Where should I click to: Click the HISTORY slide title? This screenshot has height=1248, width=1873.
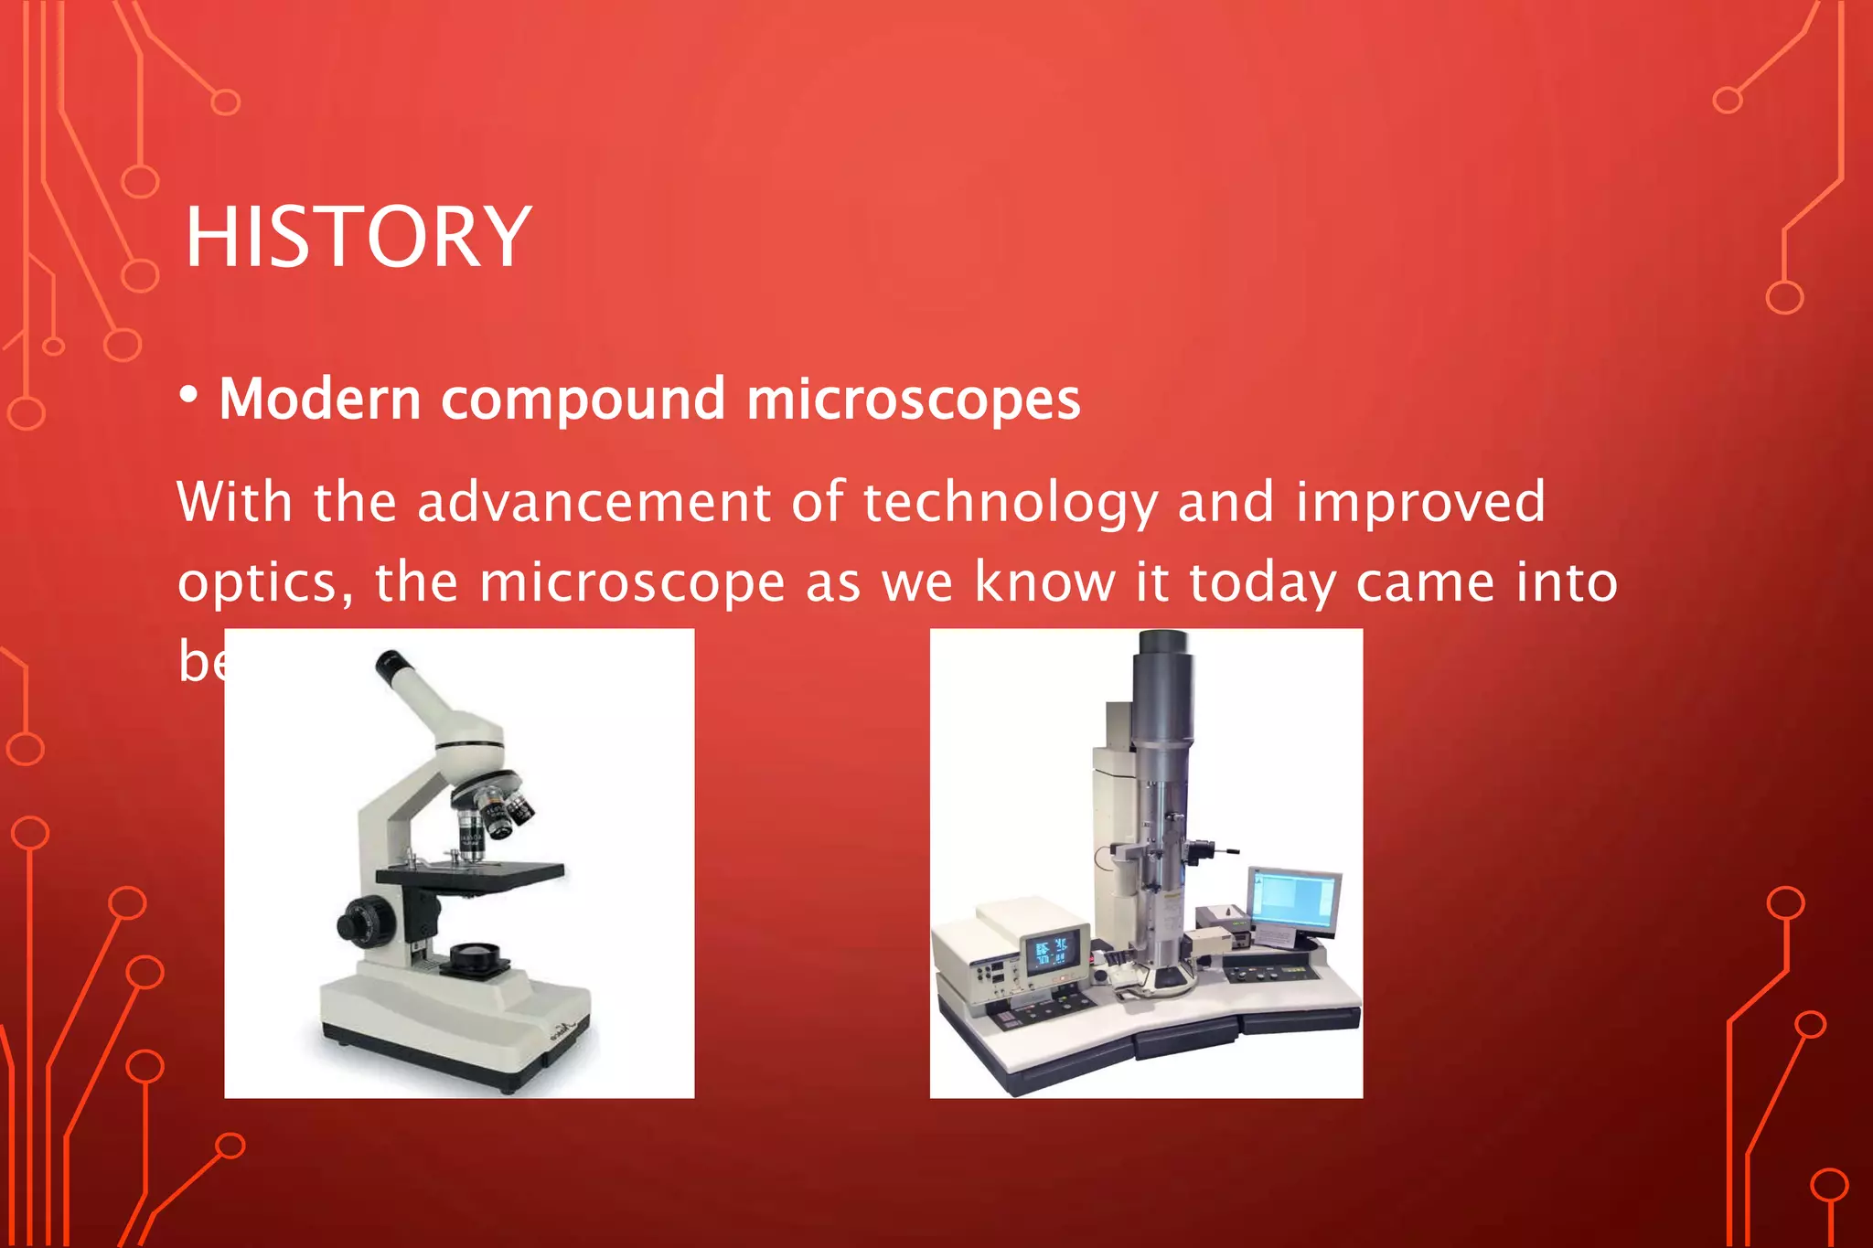(357, 237)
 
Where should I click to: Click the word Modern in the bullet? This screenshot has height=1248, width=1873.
(319, 400)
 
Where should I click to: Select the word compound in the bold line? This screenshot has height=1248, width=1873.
(583, 400)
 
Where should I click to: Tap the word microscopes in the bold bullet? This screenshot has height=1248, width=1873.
(913, 400)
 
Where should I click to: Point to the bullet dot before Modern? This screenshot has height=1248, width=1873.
(188, 396)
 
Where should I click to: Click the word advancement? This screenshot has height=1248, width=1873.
(594, 502)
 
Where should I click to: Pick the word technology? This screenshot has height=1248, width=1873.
(1010, 502)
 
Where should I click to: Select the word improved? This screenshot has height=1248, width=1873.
(1419, 502)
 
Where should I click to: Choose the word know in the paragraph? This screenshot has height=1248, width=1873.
(1045, 581)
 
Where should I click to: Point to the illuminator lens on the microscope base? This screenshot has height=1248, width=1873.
(474, 956)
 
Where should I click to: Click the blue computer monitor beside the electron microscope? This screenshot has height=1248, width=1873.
(1294, 900)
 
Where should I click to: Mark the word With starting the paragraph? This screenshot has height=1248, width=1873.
(234, 502)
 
